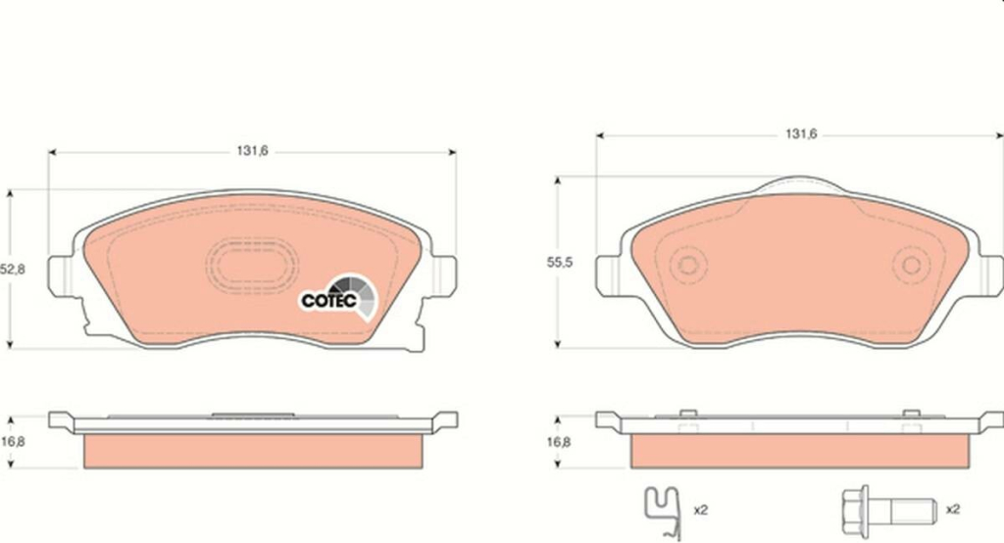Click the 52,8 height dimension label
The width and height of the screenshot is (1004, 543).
point(13,270)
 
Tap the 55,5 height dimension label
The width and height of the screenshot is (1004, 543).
point(560,263)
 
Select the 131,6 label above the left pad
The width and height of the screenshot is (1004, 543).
point(252,151)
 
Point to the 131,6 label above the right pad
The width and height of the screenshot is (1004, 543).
point(801,134)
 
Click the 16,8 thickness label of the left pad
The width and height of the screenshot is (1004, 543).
point(13,441)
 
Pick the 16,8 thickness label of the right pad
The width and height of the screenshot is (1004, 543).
point(559,441)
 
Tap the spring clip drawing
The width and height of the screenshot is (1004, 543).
point(663,512)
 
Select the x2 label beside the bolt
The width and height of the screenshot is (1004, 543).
point(953,509)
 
